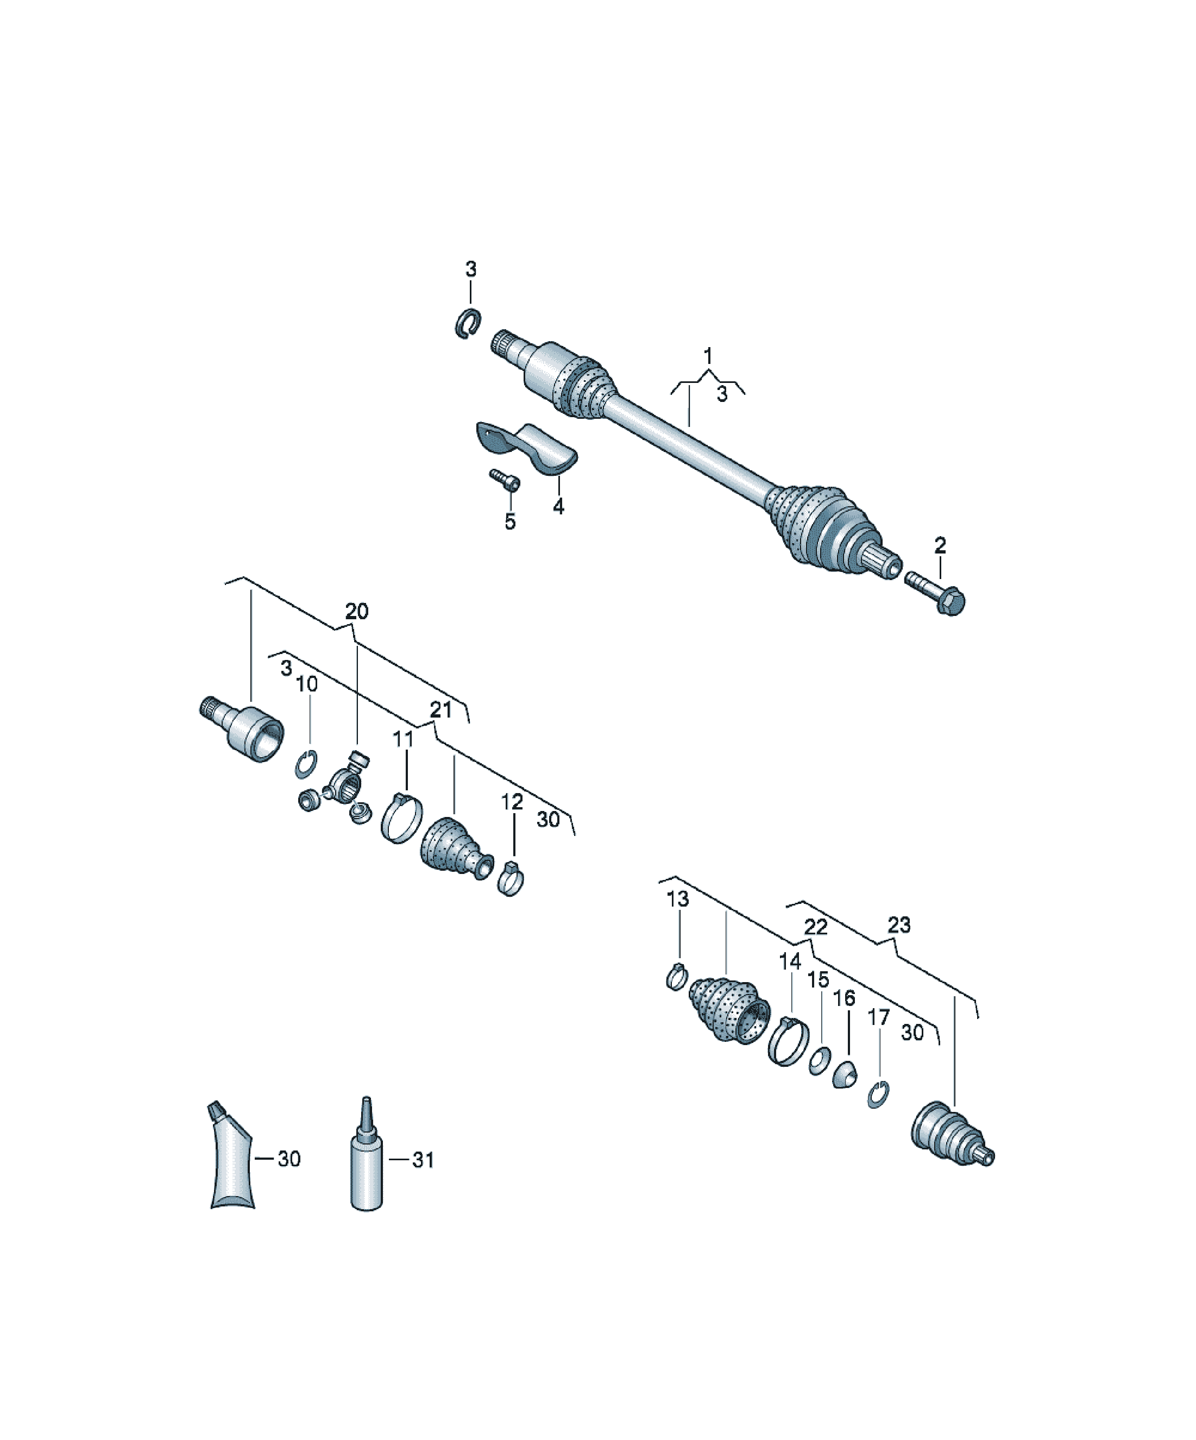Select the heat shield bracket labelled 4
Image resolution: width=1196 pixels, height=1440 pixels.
click(527, 447)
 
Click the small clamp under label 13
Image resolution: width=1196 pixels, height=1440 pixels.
click(676, 976)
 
